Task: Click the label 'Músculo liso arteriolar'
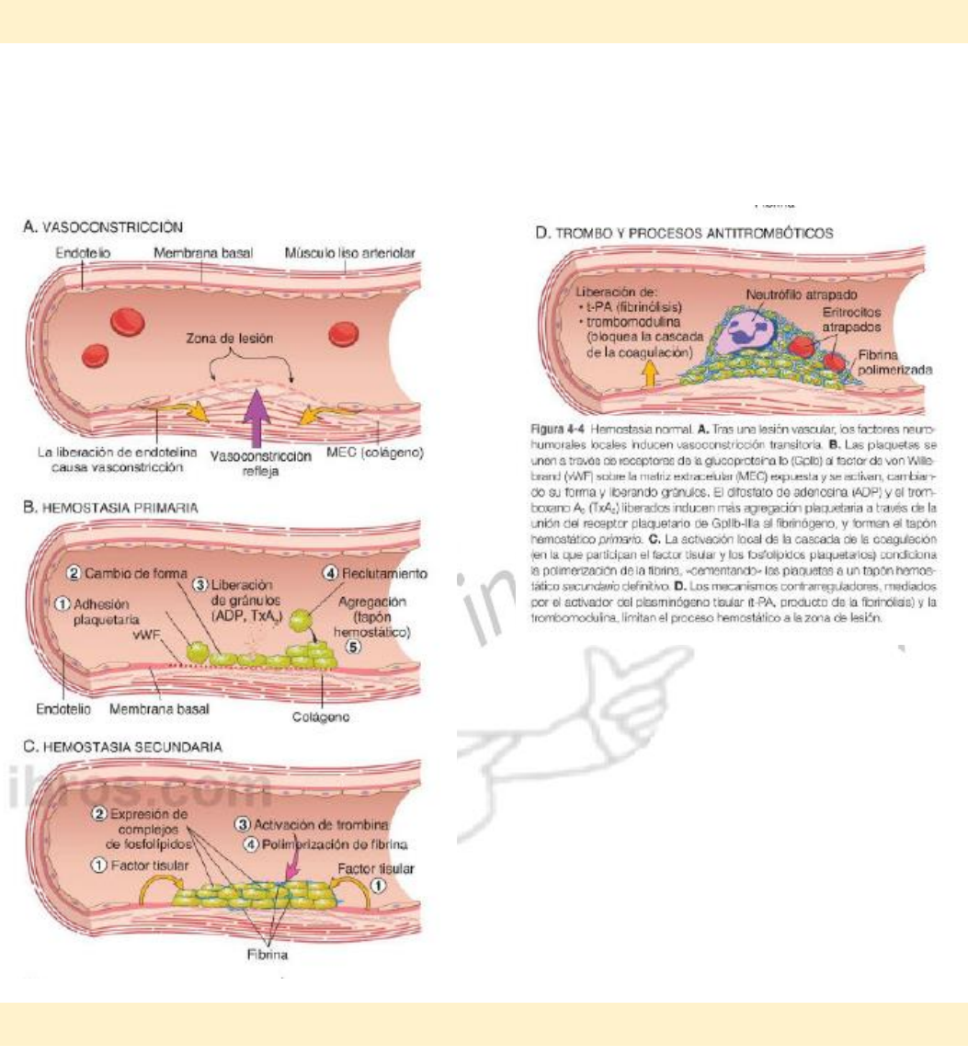click(349, 252)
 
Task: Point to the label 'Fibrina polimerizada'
click(894, 362)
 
